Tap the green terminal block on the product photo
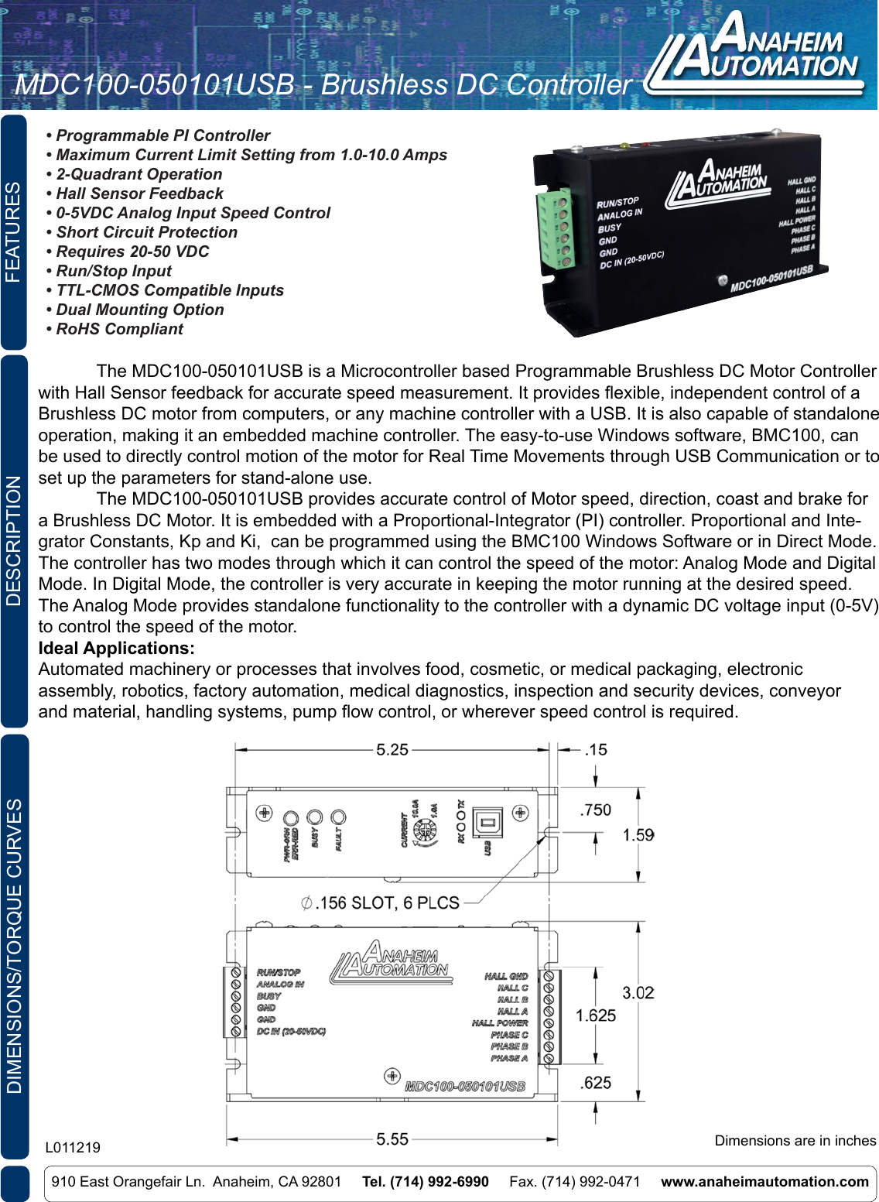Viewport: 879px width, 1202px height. click(x=556, y=229)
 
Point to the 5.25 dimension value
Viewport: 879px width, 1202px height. click(x=392, y=749)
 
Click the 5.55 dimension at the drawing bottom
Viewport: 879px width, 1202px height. click(x=392, y=1139)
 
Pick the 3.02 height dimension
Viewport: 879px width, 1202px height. click(x=638, y=992)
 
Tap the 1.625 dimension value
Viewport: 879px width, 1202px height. click(x=595, y=1015)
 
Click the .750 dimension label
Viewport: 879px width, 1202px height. click(x=595, y=810)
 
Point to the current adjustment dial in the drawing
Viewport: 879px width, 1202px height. click(x=424, y=831)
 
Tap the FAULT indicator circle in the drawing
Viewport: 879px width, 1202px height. click(x=338, y=817)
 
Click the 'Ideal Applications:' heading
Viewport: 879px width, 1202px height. click(x=117, y=648)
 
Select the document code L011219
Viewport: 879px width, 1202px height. click(x=73, y=1147)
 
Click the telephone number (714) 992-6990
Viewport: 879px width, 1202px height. click(x=425, y=1181)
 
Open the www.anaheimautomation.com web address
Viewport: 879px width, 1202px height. click(x=764, y=1181)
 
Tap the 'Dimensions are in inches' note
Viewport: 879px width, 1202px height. click(x=795, y=1140)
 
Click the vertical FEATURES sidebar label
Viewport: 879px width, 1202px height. click(x=14, y=232)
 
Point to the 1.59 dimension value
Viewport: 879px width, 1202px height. click(x=638, y=834)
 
